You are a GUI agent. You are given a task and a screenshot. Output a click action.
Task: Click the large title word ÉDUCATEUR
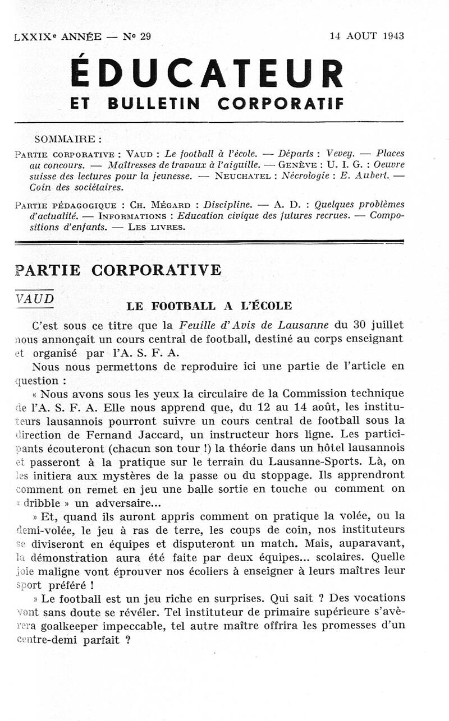[207, 74]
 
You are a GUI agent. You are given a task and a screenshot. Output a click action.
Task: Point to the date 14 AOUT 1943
[367, 36]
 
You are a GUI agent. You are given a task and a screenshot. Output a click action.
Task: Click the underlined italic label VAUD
[35, 299]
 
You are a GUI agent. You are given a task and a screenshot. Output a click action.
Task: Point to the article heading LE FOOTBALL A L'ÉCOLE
[209, 306]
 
